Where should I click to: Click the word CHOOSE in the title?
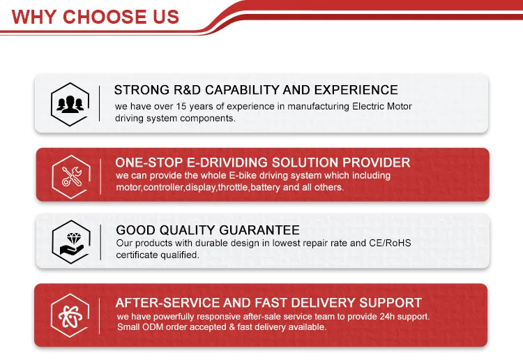[x=104, y=17]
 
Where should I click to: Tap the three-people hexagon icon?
[x=70, y=105]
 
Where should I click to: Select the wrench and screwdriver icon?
[x=71, y=177]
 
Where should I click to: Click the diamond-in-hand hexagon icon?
[x=71, y=242]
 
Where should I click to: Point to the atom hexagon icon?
[x=70, y=315]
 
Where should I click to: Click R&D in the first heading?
[x=187, y=90]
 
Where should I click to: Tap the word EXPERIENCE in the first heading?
[x=356, y=90]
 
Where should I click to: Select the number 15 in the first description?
[x=181, y=107]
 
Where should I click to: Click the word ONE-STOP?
[x=149, y=163]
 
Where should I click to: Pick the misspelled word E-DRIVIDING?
[x=227, y=163]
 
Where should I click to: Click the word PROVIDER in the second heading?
[x=377, y=163]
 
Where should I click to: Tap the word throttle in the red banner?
[x=233, y=187]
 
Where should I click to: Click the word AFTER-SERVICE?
[x=167, y=303]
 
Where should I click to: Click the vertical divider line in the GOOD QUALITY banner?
[x=100, y=242]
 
